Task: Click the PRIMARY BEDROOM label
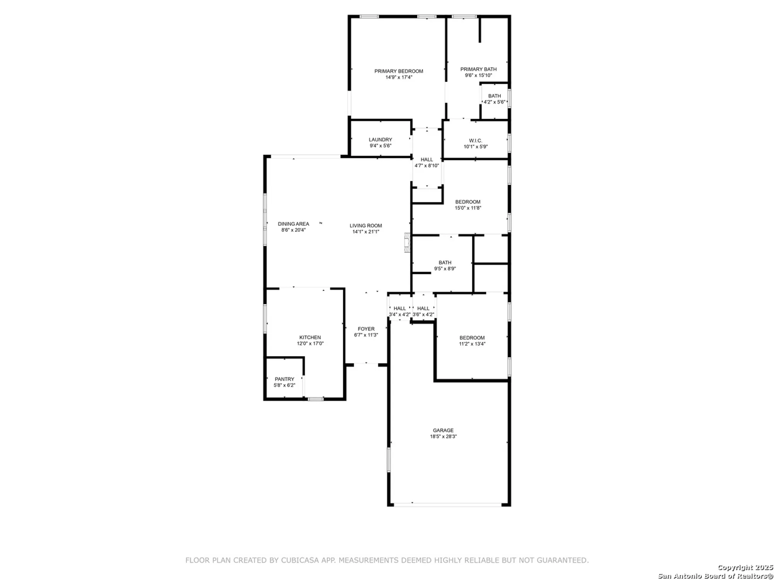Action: [399, 71]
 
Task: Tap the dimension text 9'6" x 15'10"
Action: [478, 75]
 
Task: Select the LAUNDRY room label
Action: [380, 140]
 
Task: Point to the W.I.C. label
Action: [476, 141]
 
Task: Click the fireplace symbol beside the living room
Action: [407, 242]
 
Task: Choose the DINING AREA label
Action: [293, 224]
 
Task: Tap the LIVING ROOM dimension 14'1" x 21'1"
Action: [366, 232]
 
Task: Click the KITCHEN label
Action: [310, 337]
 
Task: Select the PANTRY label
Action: [284, 379]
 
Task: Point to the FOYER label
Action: [366, 329]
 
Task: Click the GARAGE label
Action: [443, 430]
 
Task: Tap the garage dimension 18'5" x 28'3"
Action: [443, 436]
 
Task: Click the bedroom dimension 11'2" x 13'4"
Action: [472, 344]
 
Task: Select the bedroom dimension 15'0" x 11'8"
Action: [468, 208]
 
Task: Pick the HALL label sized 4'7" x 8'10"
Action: [427, 159]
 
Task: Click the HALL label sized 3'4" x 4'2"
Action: [400, 308]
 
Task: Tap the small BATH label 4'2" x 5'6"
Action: [495, 96]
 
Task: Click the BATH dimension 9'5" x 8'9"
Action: [445, 268]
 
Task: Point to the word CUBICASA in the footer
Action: [300, 560]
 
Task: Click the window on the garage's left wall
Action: [389, 459]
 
